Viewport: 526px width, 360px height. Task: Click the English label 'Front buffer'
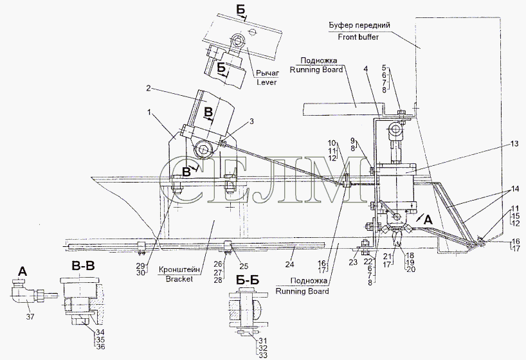pyautogui.click(x=358, y=37)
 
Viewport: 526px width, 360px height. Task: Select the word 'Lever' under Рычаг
pyautogui.click(x=267, y=82)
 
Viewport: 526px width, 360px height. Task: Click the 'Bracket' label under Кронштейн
pyautogui.click(x=179, y=278)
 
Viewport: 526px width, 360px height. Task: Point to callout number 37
pyautogui.click(x=30, y=316)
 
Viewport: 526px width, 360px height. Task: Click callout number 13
pyautogui.click(x=514, y=144)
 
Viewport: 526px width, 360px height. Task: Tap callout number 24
pyautogui.click(x=289, y=265)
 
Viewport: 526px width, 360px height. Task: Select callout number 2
pyautogui.click(x=149, y=89)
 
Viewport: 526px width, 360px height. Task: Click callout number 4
pyautogui.click(x=366, y=69)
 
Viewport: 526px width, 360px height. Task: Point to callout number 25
pyautogui.click(x=244, y=266)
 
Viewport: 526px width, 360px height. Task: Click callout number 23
pyautogui.click(x=353, y=263)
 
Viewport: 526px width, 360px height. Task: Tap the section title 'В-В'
pyautogui.click(x=83, y=266)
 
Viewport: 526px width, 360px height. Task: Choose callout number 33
pyautogui.click(x=264, y=355)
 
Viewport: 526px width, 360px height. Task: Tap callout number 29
pyautogui.click(x=141, y=265)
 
